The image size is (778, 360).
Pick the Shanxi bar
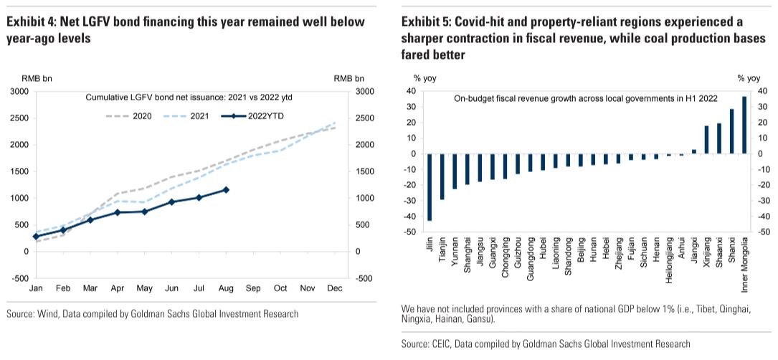pos(731,131)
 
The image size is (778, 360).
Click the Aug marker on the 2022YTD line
pos(227,189)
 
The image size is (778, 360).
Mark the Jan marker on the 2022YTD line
pos(36,236)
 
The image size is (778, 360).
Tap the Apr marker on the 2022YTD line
pos(118,212)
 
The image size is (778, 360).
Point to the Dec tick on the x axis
pos(335,288)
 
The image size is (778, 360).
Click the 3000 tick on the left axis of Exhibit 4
pos(19,92)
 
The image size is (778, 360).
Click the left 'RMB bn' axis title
pos(23,78)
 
